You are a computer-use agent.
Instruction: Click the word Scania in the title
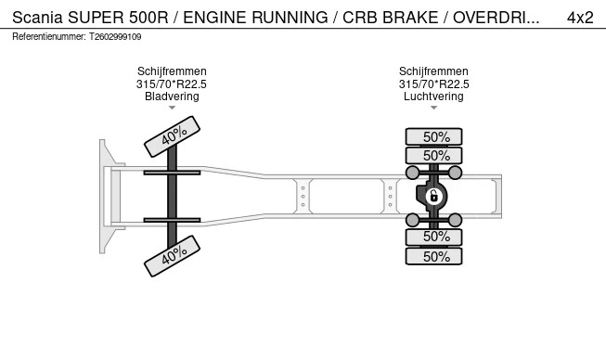37,17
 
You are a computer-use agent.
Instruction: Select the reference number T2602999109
115,37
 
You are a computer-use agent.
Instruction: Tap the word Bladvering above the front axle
172,96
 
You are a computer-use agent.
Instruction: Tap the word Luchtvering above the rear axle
433,96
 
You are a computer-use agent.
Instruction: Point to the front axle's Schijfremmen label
172,71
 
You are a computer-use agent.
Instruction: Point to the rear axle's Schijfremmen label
433,71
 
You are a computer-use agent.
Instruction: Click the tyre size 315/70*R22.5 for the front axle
172,84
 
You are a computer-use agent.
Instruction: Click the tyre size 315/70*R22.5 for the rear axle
433,84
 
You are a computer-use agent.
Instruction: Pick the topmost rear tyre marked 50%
433,136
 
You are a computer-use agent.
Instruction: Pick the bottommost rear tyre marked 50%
433,256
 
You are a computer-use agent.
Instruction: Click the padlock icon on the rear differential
432,196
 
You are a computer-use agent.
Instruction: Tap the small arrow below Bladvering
172,108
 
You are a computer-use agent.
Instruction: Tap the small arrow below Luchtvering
433,108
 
